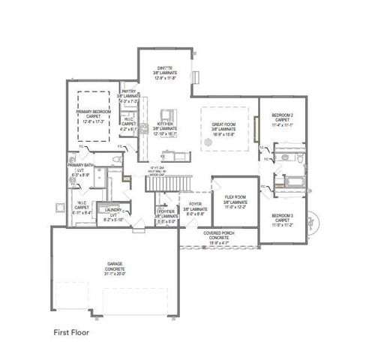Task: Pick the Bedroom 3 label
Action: click(x=283, y=219)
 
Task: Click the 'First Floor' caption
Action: click(x=73, y=330)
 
